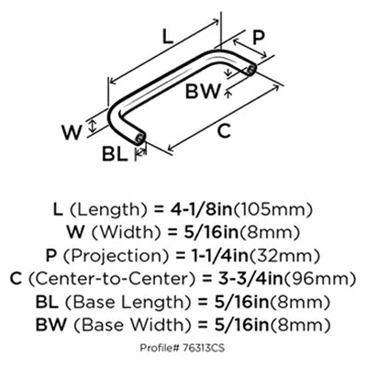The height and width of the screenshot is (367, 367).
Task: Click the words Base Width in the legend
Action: coord(137,326)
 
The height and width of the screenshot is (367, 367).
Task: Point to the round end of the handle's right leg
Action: coord(254,70)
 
